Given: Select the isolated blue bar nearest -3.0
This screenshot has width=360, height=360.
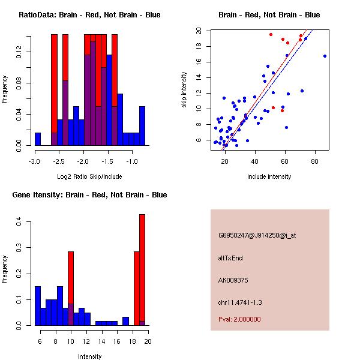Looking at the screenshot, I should pyautogui.click(x=38, y=139).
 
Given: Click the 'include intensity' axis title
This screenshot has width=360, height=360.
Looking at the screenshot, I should pyautogui.click(x=269, y=176).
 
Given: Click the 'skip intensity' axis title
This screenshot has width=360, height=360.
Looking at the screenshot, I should pyautogui.click(x=185, y=90).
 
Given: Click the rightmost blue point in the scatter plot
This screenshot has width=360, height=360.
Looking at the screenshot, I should pyautogui.click(x=325, y=56).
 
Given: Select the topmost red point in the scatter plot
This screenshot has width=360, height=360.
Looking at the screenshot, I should pyautogui.click(x=271, y=34).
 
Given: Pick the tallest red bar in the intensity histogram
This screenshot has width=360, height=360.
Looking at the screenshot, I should pyautogui.click(x=142, y=270).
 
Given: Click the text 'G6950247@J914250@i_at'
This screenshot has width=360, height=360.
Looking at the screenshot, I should pyautogui.click(x=257, y=235).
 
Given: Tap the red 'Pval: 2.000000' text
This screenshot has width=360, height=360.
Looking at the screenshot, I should pyautogui.click(x=239, y=320).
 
